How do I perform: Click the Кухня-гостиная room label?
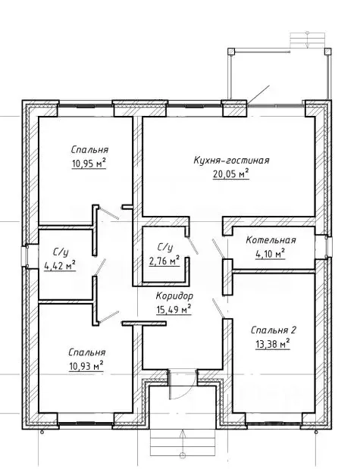pos(231,161)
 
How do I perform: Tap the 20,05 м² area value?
pos(231,174)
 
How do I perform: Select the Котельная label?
pos(271,240)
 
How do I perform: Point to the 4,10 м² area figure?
pos(270,255)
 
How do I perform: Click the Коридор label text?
pos(174,296)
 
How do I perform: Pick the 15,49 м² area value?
pos(174,310)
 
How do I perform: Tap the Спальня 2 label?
pos(274,330)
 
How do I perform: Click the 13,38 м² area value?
pos(273,344)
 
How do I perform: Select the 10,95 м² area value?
pos(89,164)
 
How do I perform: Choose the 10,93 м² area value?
pos(86,366)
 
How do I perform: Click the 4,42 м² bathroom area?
pos(60,266)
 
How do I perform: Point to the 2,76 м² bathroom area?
pos(164,261)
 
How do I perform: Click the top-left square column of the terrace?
pos(231,52)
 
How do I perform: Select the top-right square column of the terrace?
pos(328,52)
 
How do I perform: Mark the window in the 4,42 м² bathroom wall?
pos(24,256)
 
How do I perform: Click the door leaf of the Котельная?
pos(218,249)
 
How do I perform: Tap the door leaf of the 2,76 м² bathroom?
pos(192,245)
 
